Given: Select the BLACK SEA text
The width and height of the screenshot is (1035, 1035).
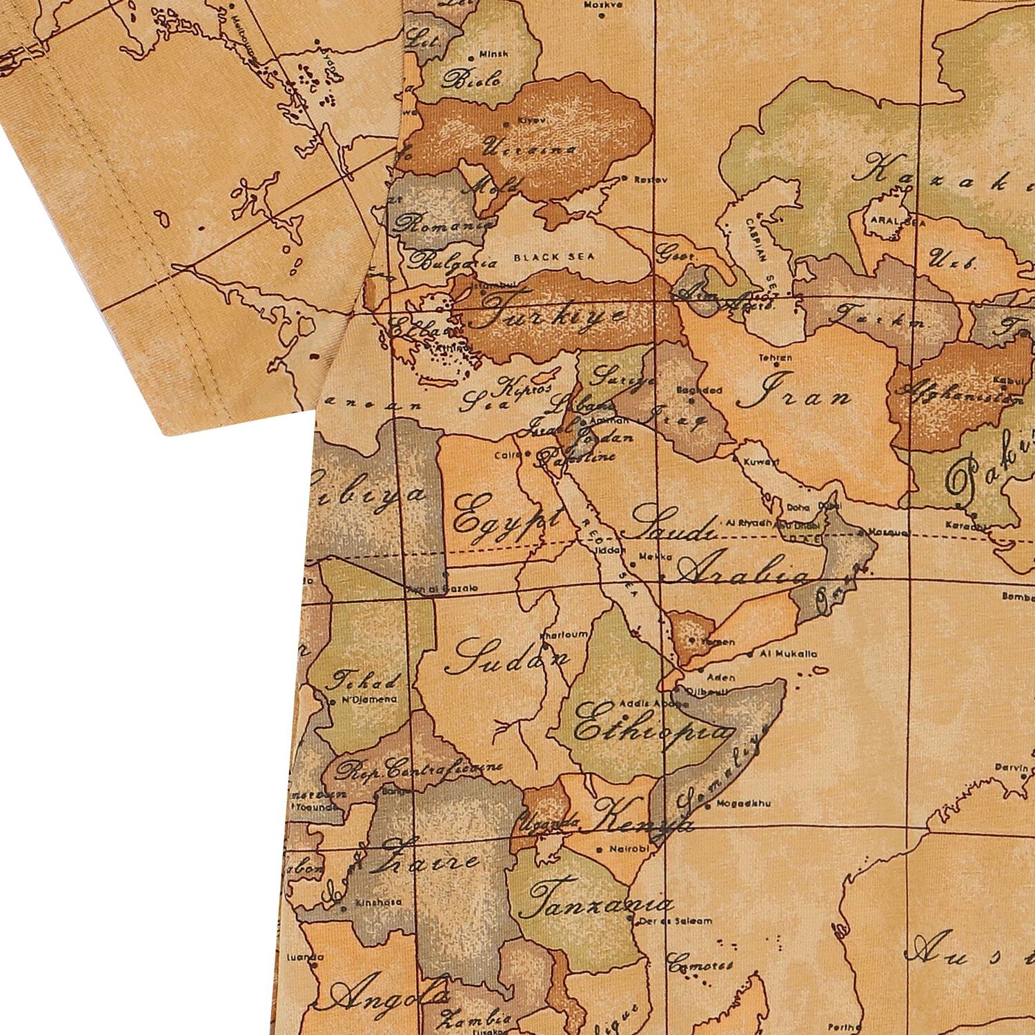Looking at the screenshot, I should tap(553, 257).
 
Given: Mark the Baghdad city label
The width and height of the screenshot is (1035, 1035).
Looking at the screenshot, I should tap(699, 391).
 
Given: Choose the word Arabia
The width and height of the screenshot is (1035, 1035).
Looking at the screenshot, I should tap(741, 572).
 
